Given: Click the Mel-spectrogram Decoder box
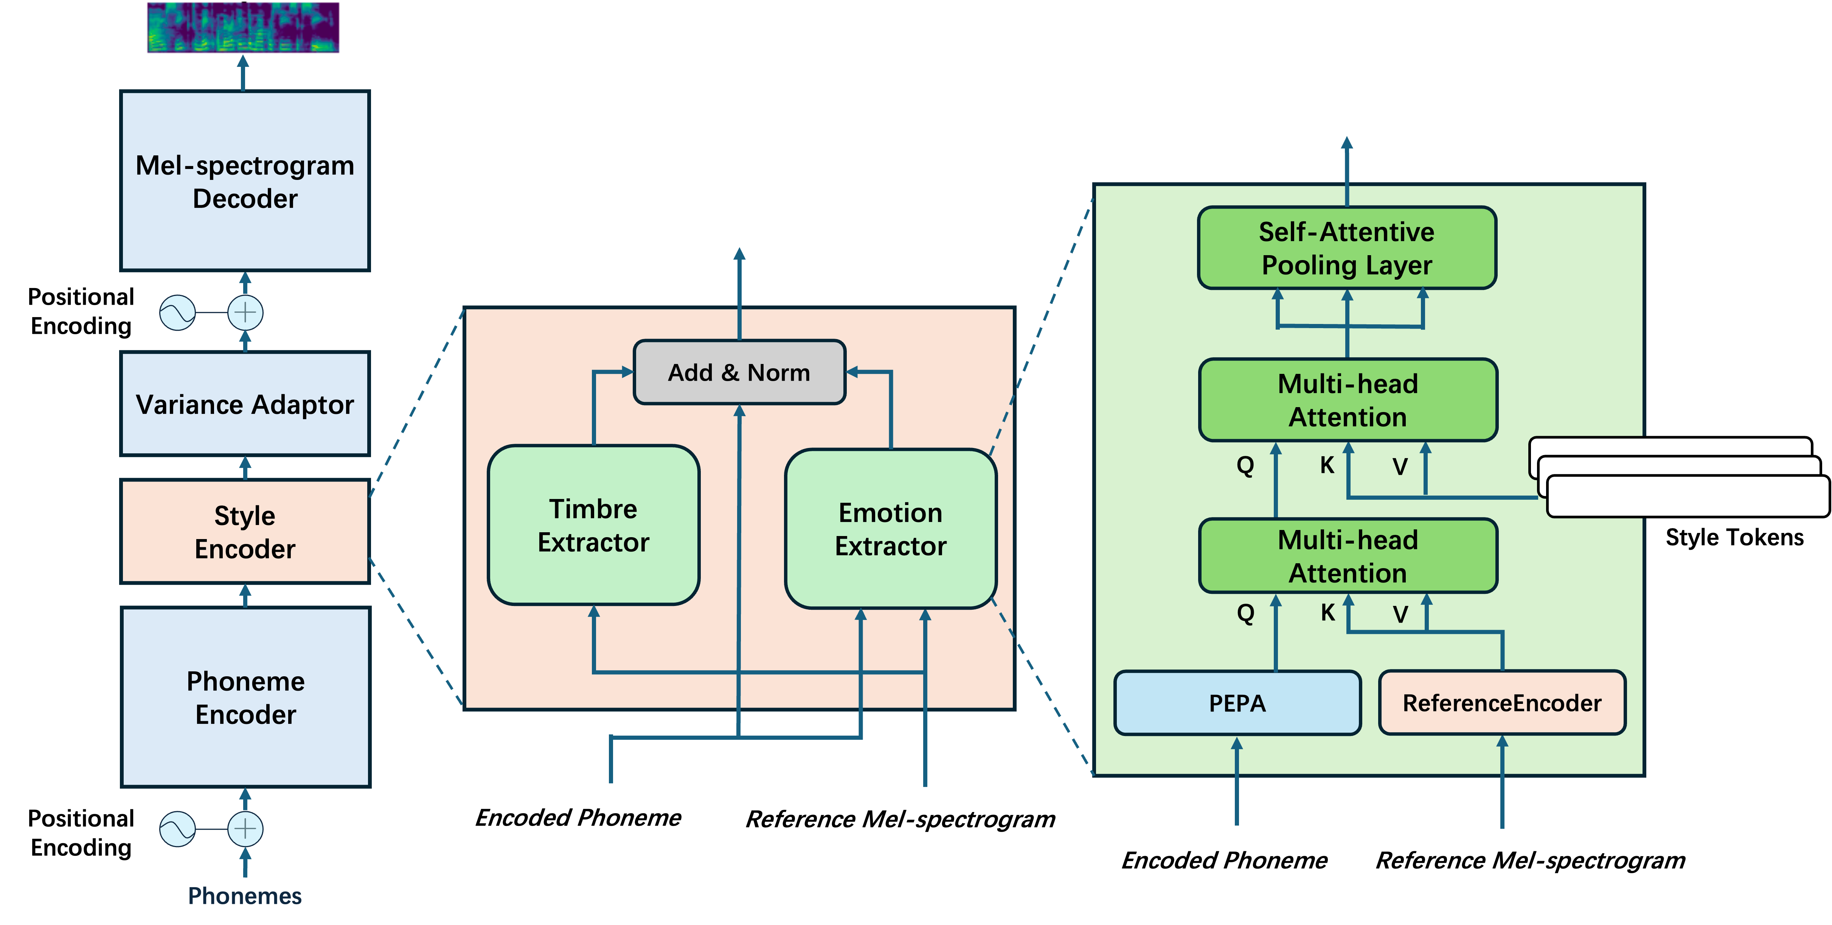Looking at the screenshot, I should pyautogui.click(x=245, y=181).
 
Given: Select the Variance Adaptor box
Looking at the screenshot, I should pyautogui.click(x=245, y=404).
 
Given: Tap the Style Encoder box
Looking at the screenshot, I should pyautogui.click(x=245, y=532).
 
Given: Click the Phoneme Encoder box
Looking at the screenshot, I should pyautogui.click(x=245, y=697).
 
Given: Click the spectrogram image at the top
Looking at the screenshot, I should pyautogui.click(x=242, y=28).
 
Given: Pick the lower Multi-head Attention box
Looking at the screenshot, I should pyautogui.click(x=1348, y=556).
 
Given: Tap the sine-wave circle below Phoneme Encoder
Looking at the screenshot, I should pyautogui.click(x=177, y=829).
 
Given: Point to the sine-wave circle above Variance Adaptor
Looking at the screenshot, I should pyautogui.click(x=177, y=313).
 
